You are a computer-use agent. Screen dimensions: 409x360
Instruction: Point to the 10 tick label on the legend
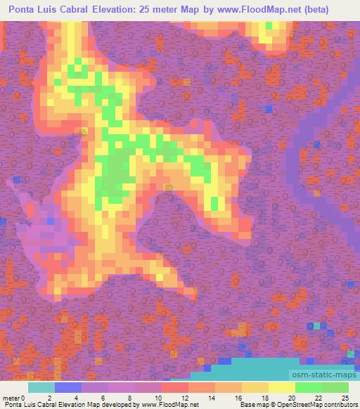pyautogui.click(x=162, y=398)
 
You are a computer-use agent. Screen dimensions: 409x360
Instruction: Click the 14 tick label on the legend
pyautogui.click(x=215, y=398)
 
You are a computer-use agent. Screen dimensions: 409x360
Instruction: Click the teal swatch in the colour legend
pyautogui.click(x=41, y=387)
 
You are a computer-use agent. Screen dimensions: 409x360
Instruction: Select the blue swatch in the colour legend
pyautogui.click(x=67, y=387)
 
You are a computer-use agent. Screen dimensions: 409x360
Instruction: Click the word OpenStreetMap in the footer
pyautogui.click(x=295, y=405)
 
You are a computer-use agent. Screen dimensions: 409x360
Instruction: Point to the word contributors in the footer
pyautogui.click(x=340, y=405)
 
